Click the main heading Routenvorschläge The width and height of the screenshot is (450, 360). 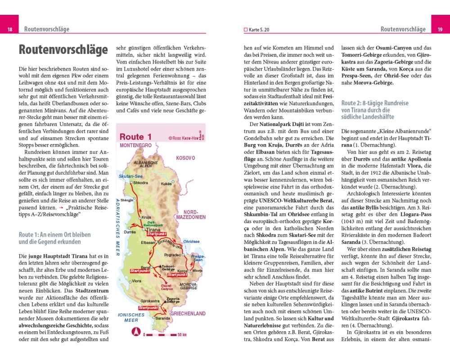pos(63,49)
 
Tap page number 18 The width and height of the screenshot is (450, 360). pos(9,30)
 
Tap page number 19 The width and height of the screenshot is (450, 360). pos(440,30)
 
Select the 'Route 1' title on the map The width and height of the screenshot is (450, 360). pos(132,137)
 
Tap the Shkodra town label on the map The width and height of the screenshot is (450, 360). pos(140,183)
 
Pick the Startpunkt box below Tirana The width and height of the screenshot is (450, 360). pos(157,234)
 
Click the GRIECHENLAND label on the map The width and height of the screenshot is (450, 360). pos(188,314)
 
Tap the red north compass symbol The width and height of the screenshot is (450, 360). pos(134,332)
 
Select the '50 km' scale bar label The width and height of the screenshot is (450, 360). pos(182,334)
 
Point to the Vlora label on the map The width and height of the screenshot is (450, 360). pos(136,281)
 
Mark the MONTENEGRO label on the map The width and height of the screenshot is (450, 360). pos(135,146)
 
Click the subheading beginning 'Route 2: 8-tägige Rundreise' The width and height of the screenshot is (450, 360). pos(375,110)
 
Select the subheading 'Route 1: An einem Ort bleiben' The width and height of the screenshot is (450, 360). pos(54,238)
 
